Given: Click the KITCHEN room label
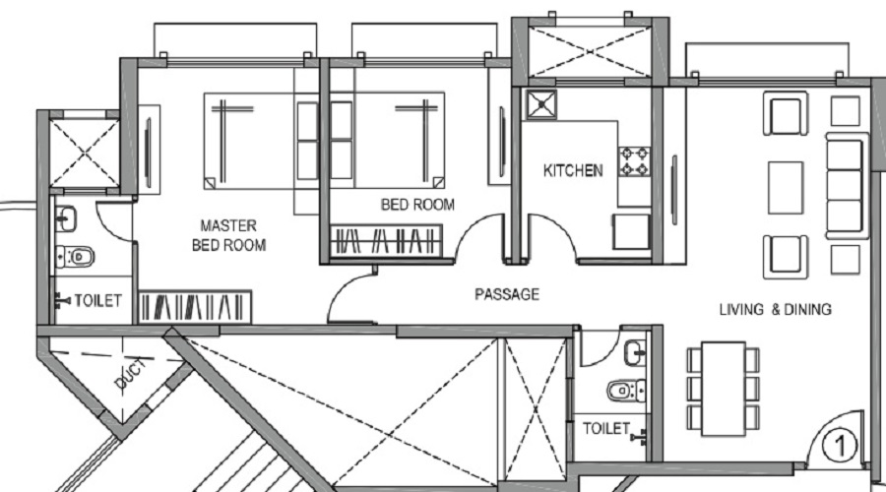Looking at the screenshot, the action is click(573, 171).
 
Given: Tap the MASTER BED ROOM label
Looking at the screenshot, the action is click(227, 235).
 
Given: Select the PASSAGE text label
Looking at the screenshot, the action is click(506, 294).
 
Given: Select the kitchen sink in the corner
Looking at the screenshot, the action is click(539, 103).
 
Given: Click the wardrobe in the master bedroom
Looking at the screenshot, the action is click(196, 306).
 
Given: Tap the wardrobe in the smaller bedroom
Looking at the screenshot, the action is click(384, 241).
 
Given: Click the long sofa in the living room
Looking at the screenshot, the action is click(844, 185).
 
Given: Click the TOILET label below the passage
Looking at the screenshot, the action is click(605, 429).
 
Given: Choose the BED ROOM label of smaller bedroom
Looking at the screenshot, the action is click(417, 206).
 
